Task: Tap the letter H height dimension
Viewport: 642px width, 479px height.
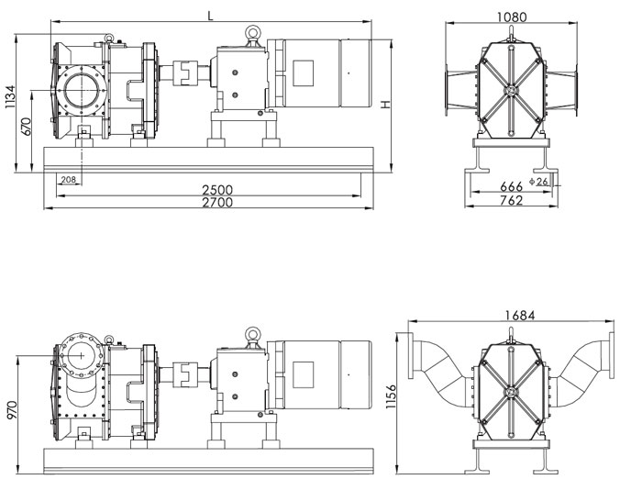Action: pyautogui.click(x=386, y=105)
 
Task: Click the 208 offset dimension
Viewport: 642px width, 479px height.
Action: pyautogui.click(x=67, y=179)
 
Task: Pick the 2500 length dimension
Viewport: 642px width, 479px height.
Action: pyautogui.click(x=217, y=190)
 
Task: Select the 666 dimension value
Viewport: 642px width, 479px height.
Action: pyautogui.click(x=511, y=186)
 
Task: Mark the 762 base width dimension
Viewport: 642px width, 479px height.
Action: pyautogui.click(x=512, y=199)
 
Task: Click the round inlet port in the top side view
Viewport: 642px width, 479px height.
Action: pyautogui.click(x=81, y=93)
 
